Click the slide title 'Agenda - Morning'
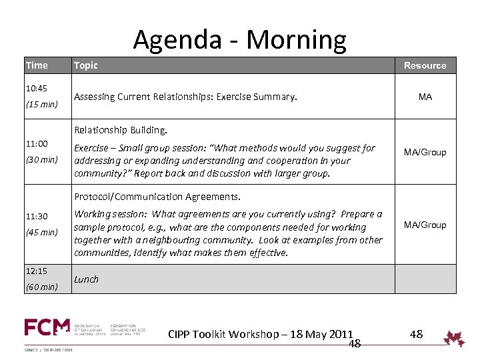239,39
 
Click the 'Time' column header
37,65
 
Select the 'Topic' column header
85,65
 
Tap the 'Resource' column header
425,65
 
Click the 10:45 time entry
37,88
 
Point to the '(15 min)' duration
41,104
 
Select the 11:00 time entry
37,143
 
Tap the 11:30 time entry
37,216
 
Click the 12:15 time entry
37,271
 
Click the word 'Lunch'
86,279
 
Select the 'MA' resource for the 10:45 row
425,97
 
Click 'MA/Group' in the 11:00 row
425,152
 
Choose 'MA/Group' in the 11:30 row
425,225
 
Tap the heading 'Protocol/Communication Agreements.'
157,197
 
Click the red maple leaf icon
455,338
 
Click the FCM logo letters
47,328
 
